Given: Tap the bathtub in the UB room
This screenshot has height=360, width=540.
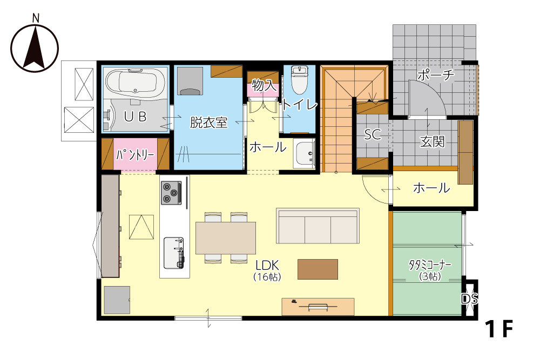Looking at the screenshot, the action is tap(134, 82).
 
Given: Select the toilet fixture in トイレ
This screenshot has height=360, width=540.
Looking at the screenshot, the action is tap(299, 80).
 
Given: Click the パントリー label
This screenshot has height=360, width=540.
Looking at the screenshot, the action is tap(134, 155).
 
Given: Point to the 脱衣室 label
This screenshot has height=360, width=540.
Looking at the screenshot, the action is tap(208, 122).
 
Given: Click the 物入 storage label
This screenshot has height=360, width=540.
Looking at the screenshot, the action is tap(264, 85).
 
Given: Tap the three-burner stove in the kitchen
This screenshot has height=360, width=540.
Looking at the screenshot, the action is tap(171, 193).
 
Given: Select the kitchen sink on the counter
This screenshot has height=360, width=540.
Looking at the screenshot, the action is tap(174, 253).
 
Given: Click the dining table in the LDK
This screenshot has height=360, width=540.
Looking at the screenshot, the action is tap(226, 238).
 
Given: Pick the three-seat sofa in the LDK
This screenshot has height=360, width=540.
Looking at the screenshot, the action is tap(318, 226).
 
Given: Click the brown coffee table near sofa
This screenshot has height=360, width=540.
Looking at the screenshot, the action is tap(318, 269).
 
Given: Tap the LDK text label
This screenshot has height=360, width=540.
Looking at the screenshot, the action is tap(267, 266).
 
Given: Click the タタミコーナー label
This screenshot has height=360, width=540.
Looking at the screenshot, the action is tap(430, 265).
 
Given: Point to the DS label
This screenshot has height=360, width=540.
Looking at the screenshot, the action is tap(470, 298).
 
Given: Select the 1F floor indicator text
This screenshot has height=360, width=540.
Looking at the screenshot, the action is tap(499, 329).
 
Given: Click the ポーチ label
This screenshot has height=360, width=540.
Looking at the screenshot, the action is tap(436, 74).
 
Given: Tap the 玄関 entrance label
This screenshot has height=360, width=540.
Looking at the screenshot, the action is tap(432, 141).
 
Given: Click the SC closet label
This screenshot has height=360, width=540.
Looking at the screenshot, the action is tap(373, 134).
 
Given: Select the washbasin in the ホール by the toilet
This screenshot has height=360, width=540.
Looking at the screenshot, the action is tap(304, 154).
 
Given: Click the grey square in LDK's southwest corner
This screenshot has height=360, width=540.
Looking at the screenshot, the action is tap(117, 300).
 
